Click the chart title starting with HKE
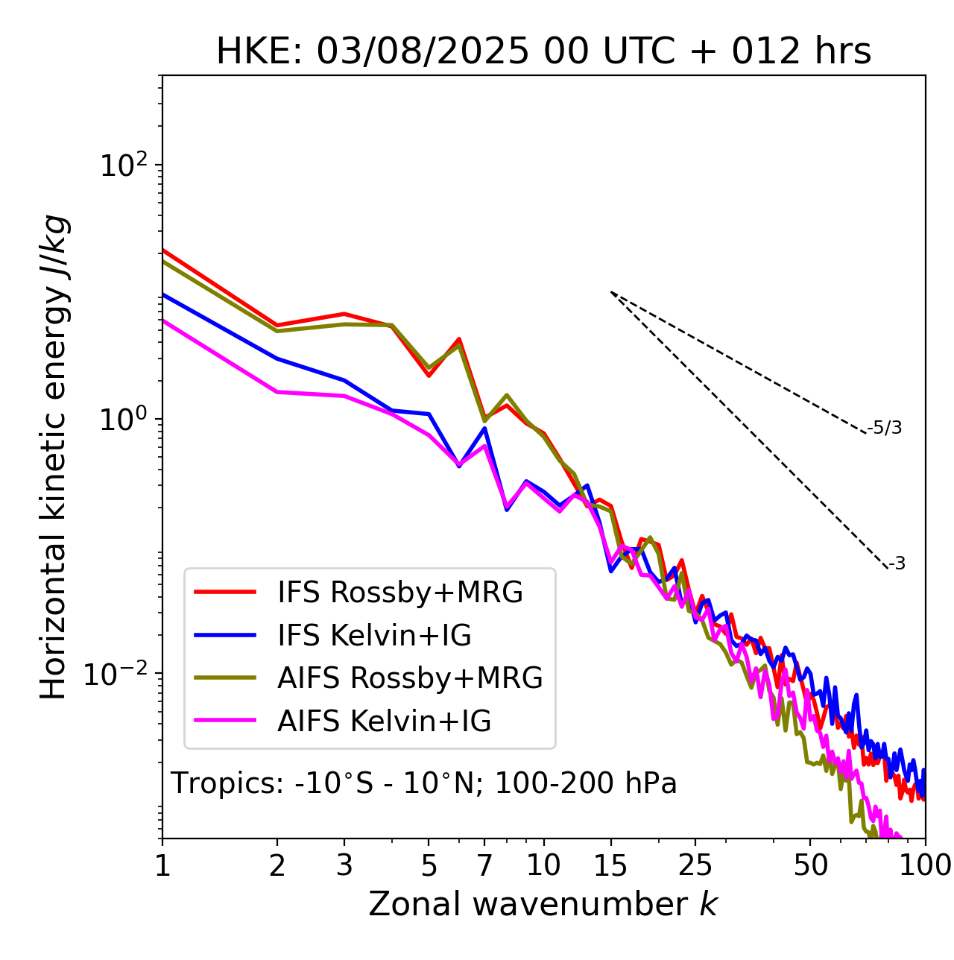point(543,51)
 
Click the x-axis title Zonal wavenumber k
point(543,904)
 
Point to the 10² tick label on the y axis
point(124,165)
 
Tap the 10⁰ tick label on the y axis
point(124,420)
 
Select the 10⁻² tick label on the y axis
point(119,674)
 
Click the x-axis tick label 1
point(162,865)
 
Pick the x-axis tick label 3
point(344,865)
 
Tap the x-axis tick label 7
point(484,865)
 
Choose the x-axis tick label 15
point(610,865)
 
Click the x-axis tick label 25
point(695,865)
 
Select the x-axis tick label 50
point(810,865)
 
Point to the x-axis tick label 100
point(924,865)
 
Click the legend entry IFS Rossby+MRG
point(399,592)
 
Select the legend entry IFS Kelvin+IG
point(374,635)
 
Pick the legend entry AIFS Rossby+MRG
point(410,678)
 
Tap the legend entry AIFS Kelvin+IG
point(384,721)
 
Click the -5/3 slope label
point(885,428)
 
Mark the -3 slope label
point(897,564)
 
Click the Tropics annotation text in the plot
point(424,783)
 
